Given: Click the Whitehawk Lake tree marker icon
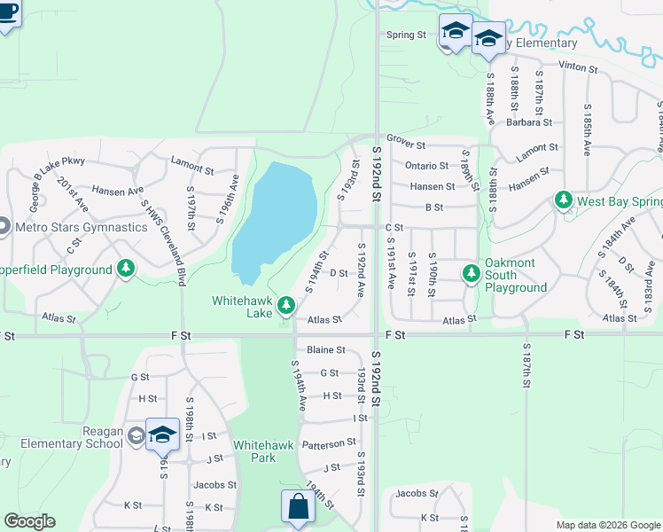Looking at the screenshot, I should click(x=285, y=306).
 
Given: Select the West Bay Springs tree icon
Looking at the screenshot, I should click(x=563, y=201).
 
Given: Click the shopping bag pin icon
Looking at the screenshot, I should click(x=298, y=507).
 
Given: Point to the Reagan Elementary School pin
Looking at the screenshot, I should click(x=162, y=434).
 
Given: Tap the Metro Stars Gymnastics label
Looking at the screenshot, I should click(x=82, y=227).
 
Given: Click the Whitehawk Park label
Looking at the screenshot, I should click(x=254, y=451).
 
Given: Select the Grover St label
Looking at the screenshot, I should click(x=406, y=145).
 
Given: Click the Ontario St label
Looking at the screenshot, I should click(x=426, y=166).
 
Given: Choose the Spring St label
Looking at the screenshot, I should click(x=407, y=35).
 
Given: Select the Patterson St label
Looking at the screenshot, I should click(x=329, y=442).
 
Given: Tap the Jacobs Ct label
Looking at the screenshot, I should click(x=417, y=493).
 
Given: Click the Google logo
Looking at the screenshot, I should click(x=29, y=521).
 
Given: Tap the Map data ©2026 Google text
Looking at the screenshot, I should click(x=607, y=524).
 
